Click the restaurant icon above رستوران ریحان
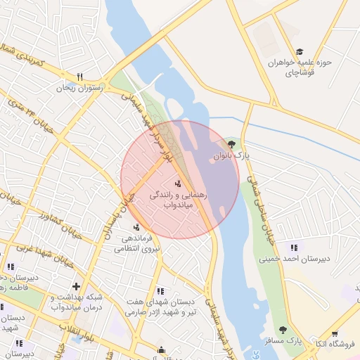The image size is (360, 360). coord(79,77)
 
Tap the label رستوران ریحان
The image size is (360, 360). coord(79,89)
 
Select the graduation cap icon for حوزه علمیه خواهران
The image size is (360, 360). coord(300,52)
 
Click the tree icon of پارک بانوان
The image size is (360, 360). coord(232,144)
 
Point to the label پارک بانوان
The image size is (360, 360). coord(232,156)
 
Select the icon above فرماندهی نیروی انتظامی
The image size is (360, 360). coord(136,226)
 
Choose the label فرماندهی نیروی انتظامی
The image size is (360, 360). coord(137,243)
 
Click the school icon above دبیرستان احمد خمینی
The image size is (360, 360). coord(294,247)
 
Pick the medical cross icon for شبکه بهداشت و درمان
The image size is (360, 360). coord(76,286)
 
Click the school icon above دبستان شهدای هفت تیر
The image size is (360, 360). coord(161,291)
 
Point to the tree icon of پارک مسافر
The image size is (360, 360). coord(283,330)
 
